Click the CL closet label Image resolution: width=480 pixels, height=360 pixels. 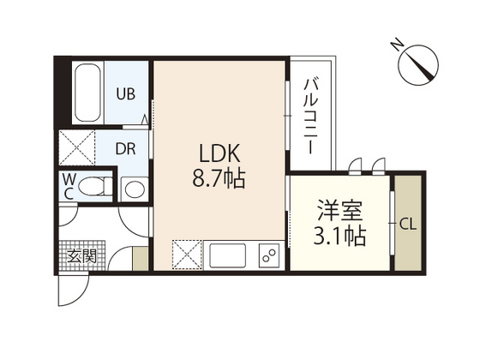(x=408, y=225)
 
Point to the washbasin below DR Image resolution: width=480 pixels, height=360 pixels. (x=133, y=188)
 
